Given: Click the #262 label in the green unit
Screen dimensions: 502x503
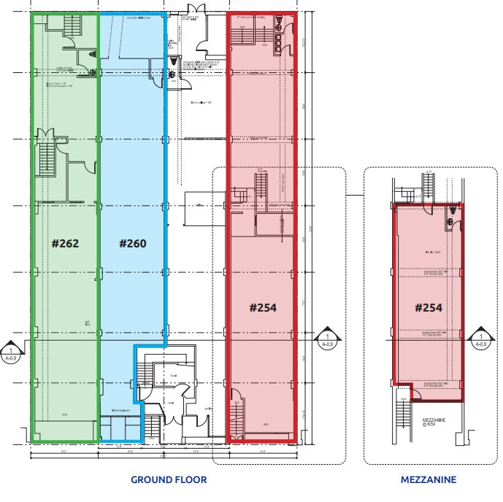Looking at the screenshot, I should point(64,243).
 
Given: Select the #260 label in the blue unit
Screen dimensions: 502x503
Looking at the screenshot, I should point(132,243).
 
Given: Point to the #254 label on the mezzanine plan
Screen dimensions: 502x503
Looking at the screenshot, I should point(429,307).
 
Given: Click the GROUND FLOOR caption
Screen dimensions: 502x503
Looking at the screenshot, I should point(169,479).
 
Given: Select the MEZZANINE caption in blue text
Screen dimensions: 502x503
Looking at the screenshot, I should point(429,479).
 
